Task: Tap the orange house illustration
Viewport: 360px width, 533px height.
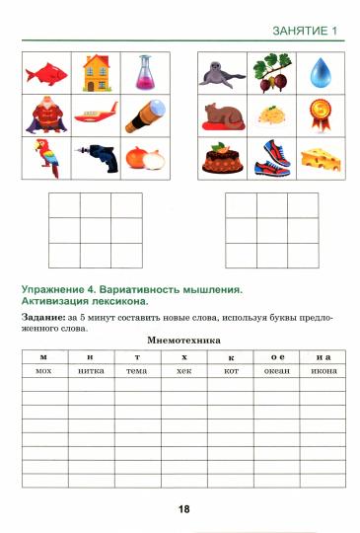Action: (x=96, y=72)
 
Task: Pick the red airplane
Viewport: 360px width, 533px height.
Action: (x=96, y=114)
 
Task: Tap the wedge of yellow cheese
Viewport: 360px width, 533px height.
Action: (x=317, y=158)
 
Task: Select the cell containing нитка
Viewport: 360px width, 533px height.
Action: (x=91, y=370)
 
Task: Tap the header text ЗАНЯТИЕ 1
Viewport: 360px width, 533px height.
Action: (x=305, y=32)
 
